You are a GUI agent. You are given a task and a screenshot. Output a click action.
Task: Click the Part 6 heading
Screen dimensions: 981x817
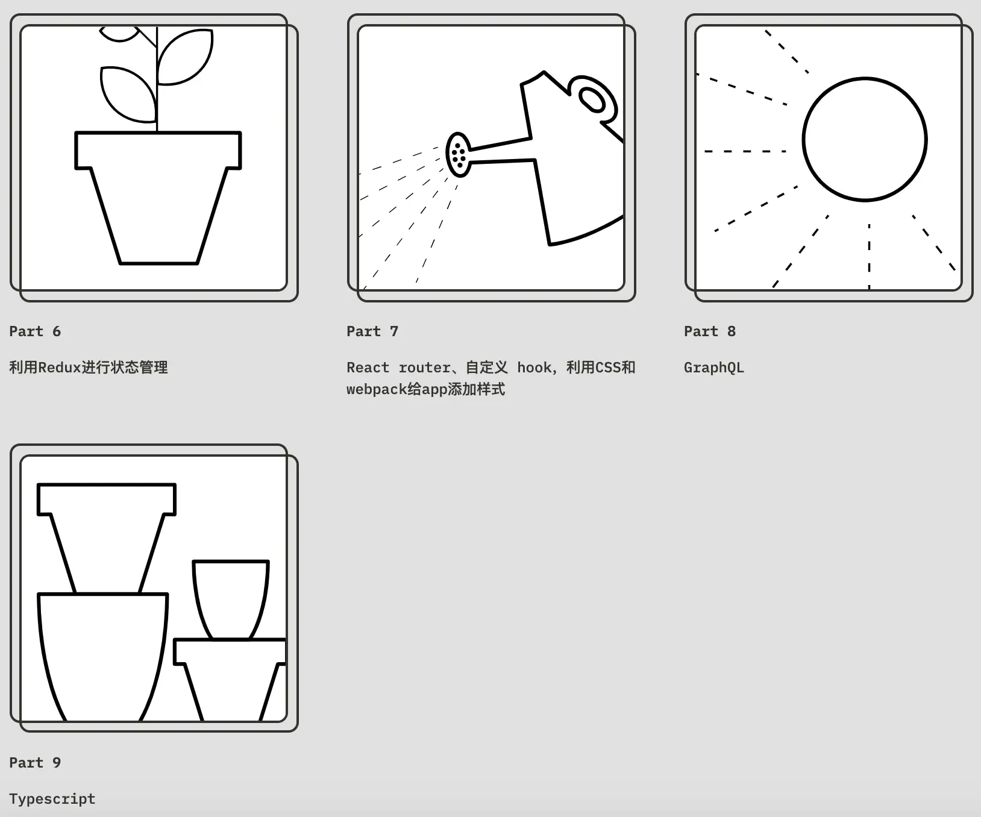[35, 331]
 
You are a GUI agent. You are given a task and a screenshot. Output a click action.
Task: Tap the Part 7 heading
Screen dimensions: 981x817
[372, 331]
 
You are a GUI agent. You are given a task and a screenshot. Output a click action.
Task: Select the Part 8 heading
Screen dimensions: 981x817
[710, 331]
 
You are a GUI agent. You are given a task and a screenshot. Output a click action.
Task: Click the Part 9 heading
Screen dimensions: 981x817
[35, 763]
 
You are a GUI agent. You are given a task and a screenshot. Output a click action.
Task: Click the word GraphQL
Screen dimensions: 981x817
[714, 368]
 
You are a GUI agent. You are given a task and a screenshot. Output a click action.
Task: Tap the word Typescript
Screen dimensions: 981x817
[52, 799]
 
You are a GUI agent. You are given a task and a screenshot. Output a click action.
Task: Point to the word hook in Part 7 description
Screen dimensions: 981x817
[534, 368]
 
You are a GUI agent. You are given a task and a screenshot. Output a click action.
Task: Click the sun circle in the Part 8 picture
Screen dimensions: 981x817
[865, 78]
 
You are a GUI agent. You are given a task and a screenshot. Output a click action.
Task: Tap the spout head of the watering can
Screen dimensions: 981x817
[459, 154]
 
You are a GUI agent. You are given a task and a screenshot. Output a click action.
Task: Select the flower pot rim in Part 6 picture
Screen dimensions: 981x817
[158, 150]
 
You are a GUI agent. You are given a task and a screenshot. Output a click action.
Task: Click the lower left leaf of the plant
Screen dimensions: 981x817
[128, 94]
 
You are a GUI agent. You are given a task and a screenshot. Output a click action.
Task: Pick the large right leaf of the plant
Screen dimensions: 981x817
[184, 57]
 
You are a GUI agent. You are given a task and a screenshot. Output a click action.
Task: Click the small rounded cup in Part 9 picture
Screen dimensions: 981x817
[231, 599]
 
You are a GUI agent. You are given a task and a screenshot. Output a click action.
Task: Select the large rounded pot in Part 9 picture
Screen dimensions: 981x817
[102, 657]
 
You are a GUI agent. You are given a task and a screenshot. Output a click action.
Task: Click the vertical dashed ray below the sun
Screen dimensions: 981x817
[869, 256]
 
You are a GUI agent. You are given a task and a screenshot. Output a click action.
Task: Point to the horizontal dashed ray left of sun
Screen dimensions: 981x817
[745, 151]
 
